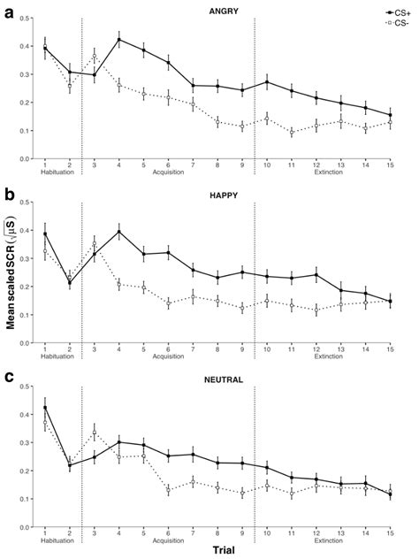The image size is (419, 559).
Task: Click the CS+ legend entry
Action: point(395,11)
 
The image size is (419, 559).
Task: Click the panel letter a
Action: point(8,12)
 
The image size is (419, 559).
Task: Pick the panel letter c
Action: point(8,377)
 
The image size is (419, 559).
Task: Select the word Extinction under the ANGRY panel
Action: point(329,172)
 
